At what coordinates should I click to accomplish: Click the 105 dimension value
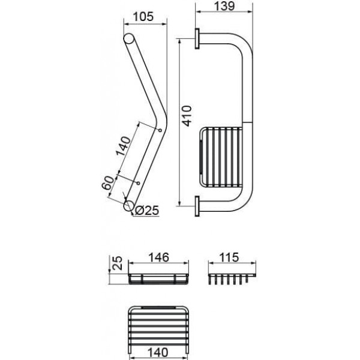(x=143, y=17)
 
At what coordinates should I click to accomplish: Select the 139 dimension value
(x=224, y=6)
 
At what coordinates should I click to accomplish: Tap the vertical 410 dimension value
(x=187, y=116)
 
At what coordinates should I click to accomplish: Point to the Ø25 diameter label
(x=147, y=210)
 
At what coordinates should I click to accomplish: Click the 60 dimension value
(x=108, y=183)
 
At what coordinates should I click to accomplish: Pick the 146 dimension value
(x=158, y=257)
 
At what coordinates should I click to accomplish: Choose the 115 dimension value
(x=229, y=257)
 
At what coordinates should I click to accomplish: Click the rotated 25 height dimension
(x=118, y=263)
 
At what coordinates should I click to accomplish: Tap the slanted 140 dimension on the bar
(x=123, y=146)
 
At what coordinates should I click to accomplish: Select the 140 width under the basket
(x=158, y=352)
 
